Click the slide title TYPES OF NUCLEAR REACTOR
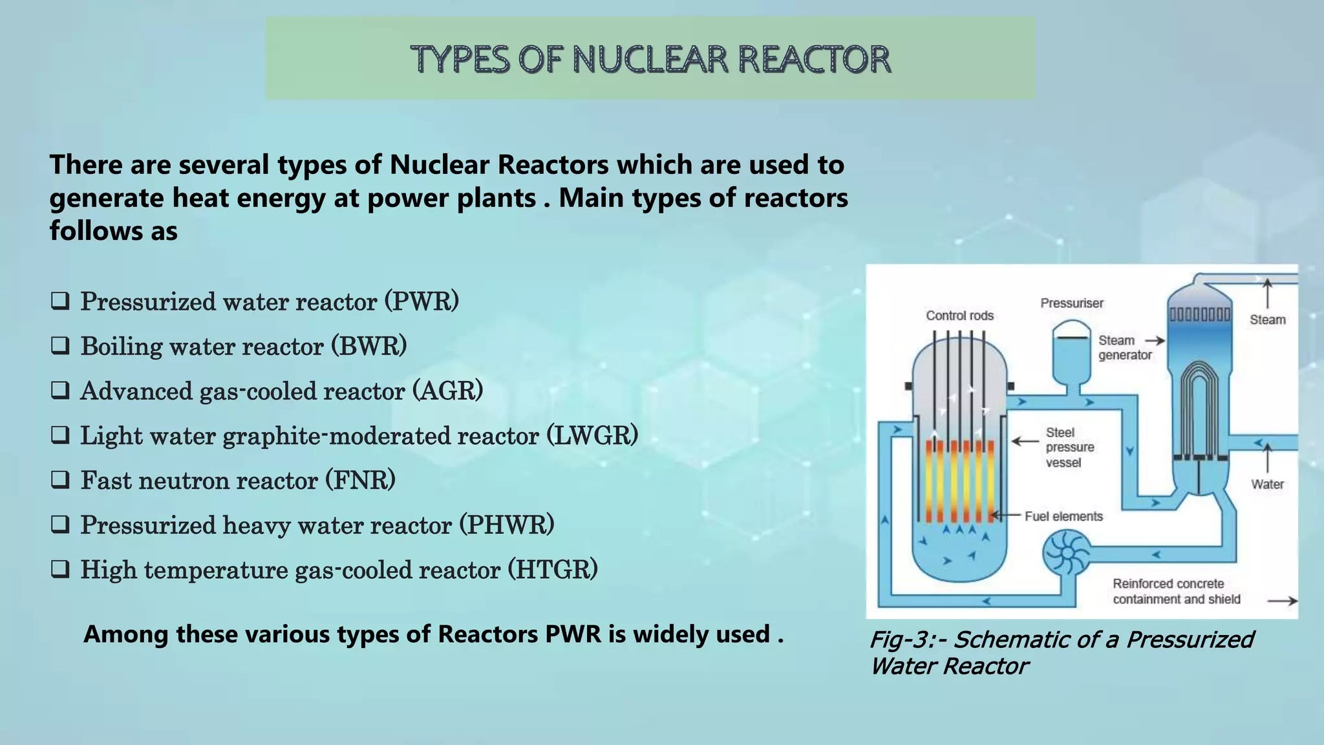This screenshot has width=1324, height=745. pyautogui.click(x=650, y=59)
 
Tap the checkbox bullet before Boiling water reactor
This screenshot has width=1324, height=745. pyautogui.click(x=60, y=346)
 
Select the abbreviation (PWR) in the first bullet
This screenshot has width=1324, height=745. pyautogui.click(x=422, y=301)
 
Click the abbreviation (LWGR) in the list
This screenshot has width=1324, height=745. pyautogui.click(x=592, y=435)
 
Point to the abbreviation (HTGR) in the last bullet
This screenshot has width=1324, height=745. pyautogui.click(x=552, y=570)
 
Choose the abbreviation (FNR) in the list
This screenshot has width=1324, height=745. pyautogui.click(x=360, y=480)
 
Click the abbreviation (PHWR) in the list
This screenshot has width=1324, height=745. pyautogui.click(x=507, y=525)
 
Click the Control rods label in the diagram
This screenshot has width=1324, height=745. pyautogui.click(x=959, y=316)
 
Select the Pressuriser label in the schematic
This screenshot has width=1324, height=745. pyautogui.click(x=1072, y=303)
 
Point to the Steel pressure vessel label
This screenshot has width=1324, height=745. pyautogui.click(x=1070, y=447)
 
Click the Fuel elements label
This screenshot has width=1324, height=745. pyautogui.click(x=1063, y=516)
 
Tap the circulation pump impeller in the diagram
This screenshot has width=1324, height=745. pyautogui.click(x=1065, y=553)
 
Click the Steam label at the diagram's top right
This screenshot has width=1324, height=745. pyautogui.click(x=1267, y=319)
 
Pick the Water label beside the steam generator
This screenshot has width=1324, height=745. pyautogui.click(x=1267, y=484)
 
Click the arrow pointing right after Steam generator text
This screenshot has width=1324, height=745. pyautogui.click(x=1155, y=341)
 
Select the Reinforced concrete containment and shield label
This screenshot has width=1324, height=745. pyautogui.click(x=1176, y=591)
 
